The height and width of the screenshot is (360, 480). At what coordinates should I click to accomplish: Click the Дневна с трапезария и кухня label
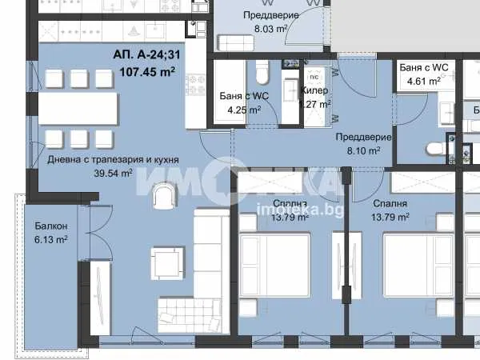coord(113,160)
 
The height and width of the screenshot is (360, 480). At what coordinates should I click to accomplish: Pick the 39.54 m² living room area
coord(113,172)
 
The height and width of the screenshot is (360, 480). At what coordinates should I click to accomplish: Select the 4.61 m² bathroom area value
coord(422,81)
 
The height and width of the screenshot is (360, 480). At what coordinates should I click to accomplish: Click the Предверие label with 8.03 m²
coord(271,15)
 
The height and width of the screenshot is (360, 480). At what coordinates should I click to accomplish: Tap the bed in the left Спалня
coord(284,272)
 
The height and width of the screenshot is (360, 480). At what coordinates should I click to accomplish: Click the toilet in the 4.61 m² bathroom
coord(435,149)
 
